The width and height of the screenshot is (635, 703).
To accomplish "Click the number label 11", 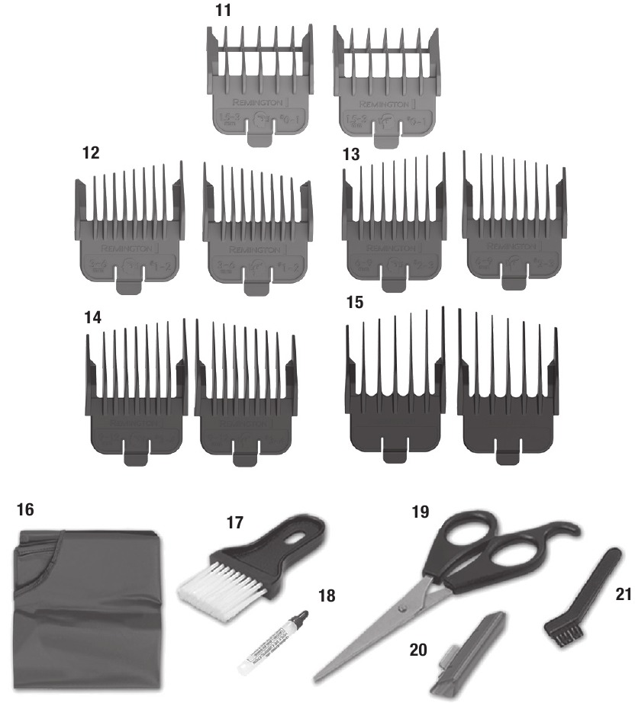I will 227,11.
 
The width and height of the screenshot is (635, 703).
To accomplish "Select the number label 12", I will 91,152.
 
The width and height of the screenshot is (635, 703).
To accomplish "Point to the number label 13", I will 350,152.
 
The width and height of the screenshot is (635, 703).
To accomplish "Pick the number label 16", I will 25,509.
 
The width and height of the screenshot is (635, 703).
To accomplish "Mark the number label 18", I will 327,594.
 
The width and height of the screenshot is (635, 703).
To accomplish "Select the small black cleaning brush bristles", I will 565,631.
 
